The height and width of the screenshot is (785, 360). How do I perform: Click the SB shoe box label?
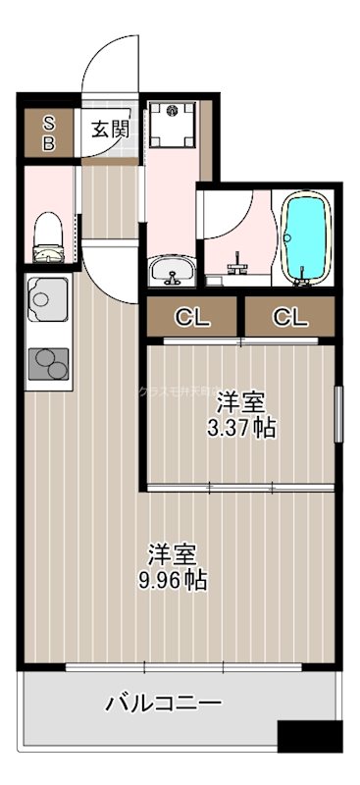[47, 132]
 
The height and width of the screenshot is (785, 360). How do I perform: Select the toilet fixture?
[48, 238]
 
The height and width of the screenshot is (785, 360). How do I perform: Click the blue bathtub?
[307, 238]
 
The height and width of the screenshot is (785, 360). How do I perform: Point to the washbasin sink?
[174, 269]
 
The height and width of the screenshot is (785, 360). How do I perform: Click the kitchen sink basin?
[45, 295]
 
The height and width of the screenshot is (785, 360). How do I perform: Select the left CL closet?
[192, 317]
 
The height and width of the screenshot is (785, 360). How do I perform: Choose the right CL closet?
[289, 317]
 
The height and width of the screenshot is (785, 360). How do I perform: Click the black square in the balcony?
[309, 736]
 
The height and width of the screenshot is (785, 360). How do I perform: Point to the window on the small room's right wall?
[339, 415]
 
